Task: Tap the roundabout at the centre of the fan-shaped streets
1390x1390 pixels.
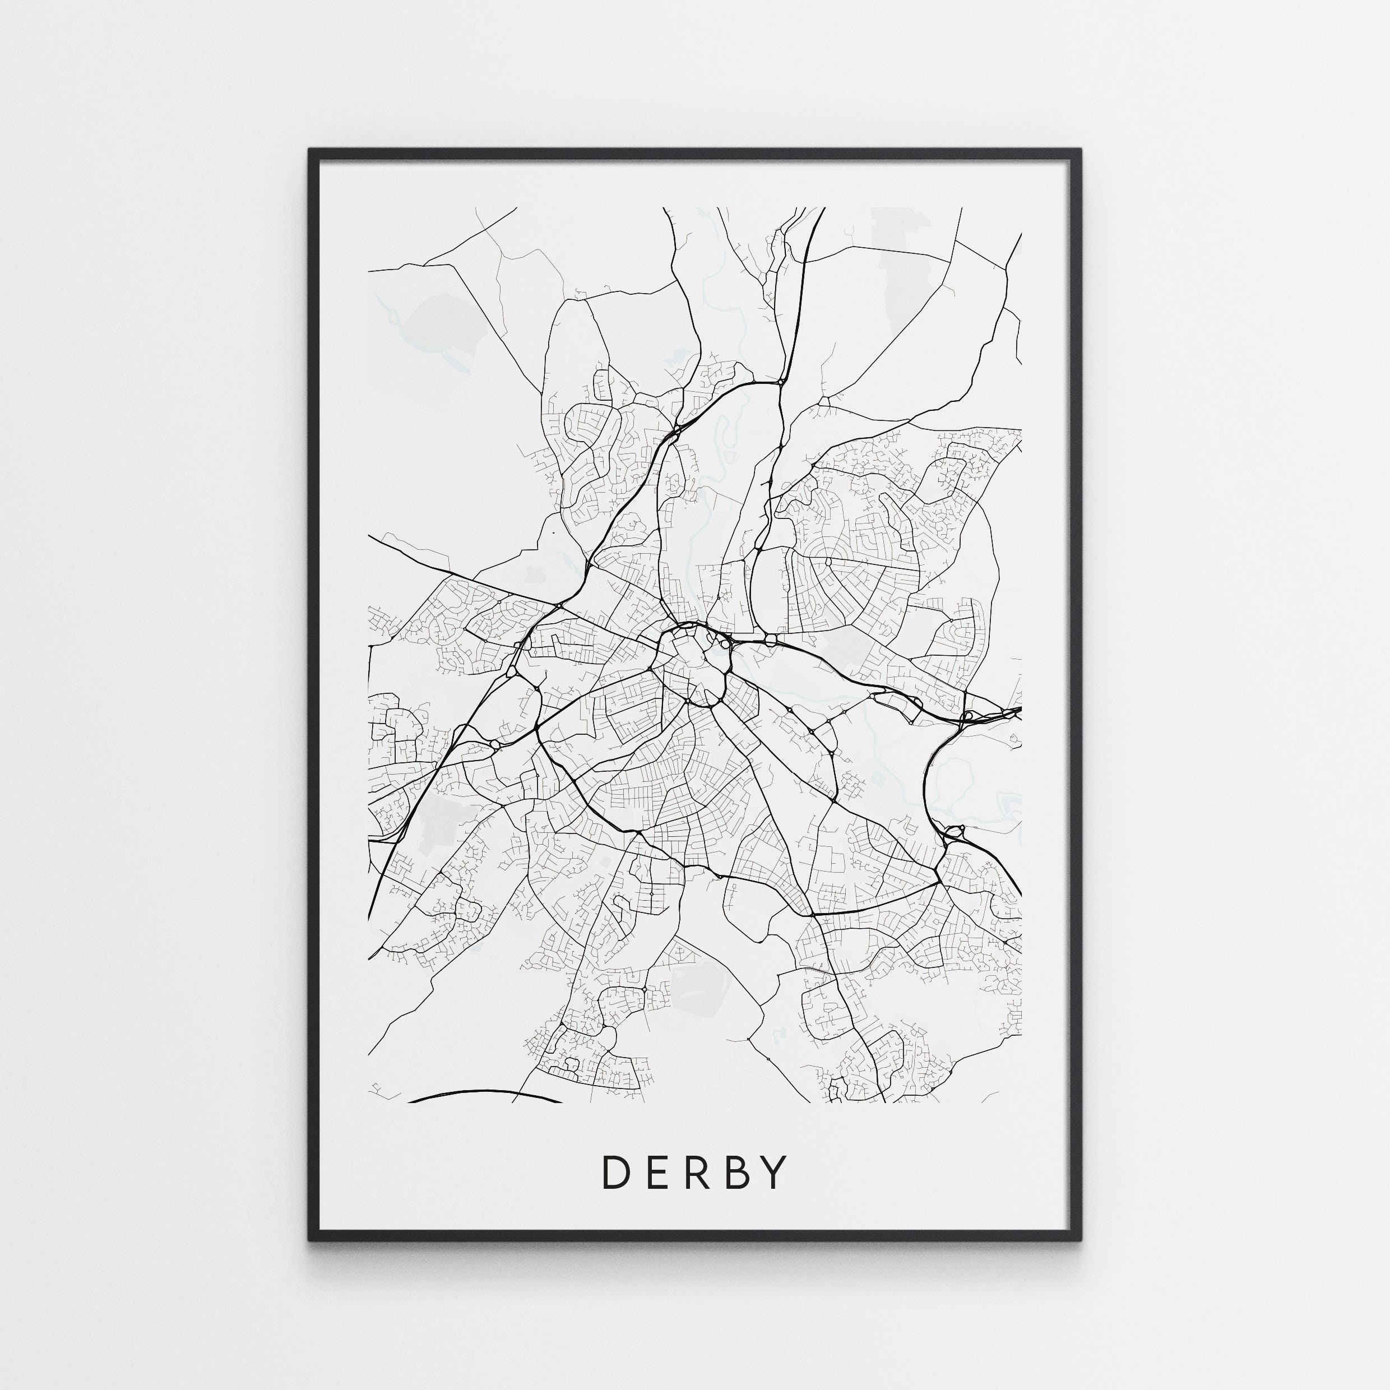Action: point(828,560)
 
